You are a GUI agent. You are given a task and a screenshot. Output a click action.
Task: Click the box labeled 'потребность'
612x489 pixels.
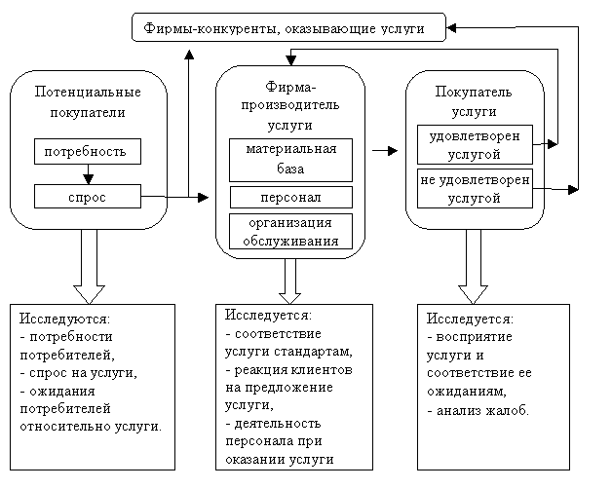pyautogui.click(x=88, y=152)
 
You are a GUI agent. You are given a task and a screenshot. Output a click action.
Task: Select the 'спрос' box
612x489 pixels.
pyautogui.click(x=88, y=198)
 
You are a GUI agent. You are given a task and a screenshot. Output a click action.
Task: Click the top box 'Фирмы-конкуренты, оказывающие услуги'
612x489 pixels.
pyautogui.click(x=289, y=28)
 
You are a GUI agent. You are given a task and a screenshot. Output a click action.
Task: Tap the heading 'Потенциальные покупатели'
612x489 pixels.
pyautogui.click(x=88, y=101)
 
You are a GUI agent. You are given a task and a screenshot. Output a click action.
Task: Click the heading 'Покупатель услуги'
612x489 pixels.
pyautogui.click(x=474, y=101)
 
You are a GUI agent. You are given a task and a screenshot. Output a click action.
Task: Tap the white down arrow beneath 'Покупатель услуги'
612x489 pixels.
pyautogui.click(x=473, y=278)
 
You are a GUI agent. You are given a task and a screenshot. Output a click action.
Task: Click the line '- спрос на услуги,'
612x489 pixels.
pyautogui.click(x=78, y=373)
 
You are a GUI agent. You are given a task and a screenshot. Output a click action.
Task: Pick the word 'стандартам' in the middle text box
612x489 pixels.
pyautogui.click(x=314, y=352)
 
